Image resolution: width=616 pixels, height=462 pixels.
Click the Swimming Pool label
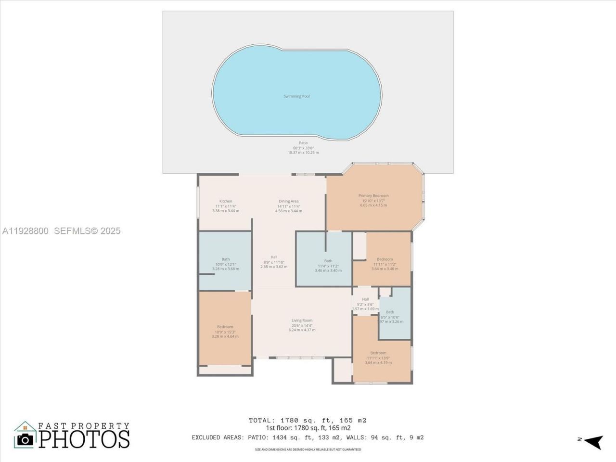[296, 96]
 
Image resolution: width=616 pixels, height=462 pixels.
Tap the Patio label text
[303, 143]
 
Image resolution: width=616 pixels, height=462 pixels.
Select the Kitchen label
[226, 201]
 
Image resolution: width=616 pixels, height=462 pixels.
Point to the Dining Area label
[289, 201]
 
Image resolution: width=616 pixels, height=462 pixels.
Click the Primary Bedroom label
[373, 196]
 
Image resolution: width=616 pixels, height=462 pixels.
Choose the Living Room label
[302, 321]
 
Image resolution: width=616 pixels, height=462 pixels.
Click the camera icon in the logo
[25, 439]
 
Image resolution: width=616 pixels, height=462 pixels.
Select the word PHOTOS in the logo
[84, 439]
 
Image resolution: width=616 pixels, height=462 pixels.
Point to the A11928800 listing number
[25, 231]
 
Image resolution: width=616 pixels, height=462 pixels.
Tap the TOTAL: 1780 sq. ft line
[308, 420]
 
